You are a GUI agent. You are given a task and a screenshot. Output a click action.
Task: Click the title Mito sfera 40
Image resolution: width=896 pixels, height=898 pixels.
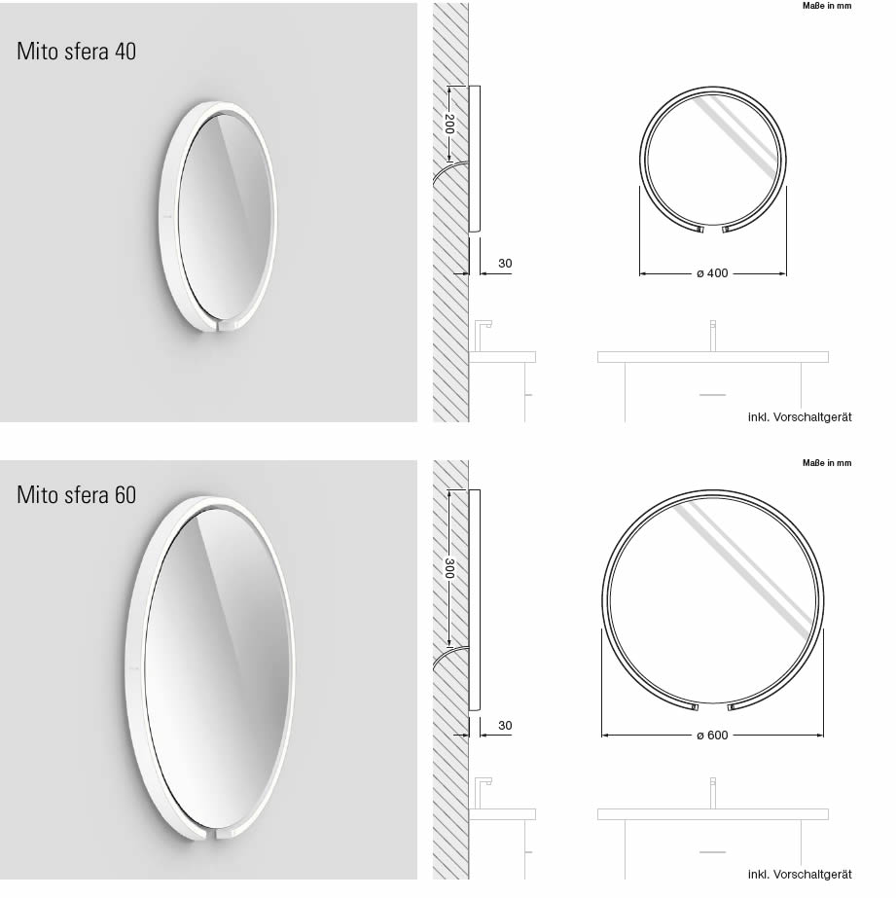point(76,52)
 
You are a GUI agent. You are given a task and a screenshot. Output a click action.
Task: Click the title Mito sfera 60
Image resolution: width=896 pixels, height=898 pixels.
point(76,494)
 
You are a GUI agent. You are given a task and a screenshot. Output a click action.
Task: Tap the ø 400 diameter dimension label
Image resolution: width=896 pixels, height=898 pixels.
point(712,273)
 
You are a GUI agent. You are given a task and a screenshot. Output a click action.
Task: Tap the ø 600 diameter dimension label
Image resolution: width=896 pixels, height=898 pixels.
point(712,735)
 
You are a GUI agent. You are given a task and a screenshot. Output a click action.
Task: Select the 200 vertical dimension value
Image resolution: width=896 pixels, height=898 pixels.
point(448,124)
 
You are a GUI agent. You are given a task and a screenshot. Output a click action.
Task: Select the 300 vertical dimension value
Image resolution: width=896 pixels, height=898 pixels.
point(448,568)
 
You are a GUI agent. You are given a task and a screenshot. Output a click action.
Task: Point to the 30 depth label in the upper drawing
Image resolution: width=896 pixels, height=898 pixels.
point(505,264)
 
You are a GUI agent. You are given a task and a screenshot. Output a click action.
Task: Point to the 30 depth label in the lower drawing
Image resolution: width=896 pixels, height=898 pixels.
point(505,726)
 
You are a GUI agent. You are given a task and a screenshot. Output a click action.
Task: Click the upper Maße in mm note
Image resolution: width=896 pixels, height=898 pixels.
point(826,6)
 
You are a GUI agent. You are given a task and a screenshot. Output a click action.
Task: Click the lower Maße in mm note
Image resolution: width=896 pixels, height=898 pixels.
point(826,463)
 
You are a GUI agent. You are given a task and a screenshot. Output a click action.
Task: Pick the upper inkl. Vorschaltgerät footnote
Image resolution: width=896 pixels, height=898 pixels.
point(799,417)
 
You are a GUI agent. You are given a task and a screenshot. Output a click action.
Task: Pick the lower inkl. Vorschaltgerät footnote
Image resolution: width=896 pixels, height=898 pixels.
point(799,875)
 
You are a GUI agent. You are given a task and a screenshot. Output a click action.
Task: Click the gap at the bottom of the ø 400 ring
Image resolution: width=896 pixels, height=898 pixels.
point(712,230)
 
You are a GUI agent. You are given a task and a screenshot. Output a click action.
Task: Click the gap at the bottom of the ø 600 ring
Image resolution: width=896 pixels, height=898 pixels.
point(712,705)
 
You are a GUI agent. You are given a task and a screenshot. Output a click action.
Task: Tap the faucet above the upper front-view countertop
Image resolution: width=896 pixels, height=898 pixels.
point(712,335)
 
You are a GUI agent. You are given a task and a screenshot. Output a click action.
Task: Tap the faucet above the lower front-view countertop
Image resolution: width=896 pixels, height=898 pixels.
point(712,792)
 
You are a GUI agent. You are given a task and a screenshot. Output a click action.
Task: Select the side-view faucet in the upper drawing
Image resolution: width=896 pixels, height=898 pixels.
point(482,334)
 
